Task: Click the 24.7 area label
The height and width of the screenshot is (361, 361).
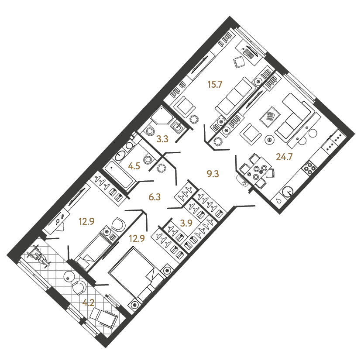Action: pyautogui.click(x=284, y=157)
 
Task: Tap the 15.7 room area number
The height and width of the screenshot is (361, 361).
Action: pyautogui.click(x=215, y=85)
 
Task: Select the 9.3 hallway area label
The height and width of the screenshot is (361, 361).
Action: pyautogui.click(x=213, y=174)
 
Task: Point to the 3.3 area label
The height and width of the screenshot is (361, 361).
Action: pyautogui.click(x=162, y=139)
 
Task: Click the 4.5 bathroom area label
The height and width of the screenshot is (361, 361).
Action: pyautogui.click(x=134, y=166)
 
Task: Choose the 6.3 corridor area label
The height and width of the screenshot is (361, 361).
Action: pyautogui.click(x=155, y=197)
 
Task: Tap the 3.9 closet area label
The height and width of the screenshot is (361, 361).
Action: pyautogui.click(x=186, y=223)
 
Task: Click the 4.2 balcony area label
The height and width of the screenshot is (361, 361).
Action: pyautogui.click(x=89, y=303)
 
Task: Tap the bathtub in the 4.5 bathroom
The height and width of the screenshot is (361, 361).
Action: pyautogui.click(x=118, y=174)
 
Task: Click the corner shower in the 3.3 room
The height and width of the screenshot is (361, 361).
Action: pyautogui.click(x=162, y=116)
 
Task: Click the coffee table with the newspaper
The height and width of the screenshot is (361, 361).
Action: pyautogui.click(x=270, y=117)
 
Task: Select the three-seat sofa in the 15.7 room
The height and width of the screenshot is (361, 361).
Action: pyautogui.click(x=236, y=98)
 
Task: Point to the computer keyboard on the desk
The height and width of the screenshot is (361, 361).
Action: pyautogui.click(x=249, y=54)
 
